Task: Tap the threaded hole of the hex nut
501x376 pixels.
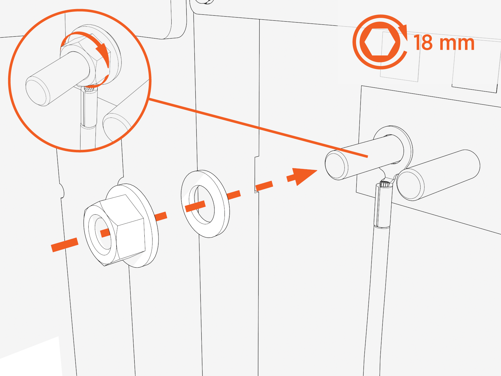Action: [x=103, y=233]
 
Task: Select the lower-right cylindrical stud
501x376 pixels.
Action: [x=438, y=175]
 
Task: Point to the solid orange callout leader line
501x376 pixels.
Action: [x=257, y=127]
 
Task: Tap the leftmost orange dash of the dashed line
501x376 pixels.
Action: [x=65, y=245]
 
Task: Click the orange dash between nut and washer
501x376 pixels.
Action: [x=161, y=216]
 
